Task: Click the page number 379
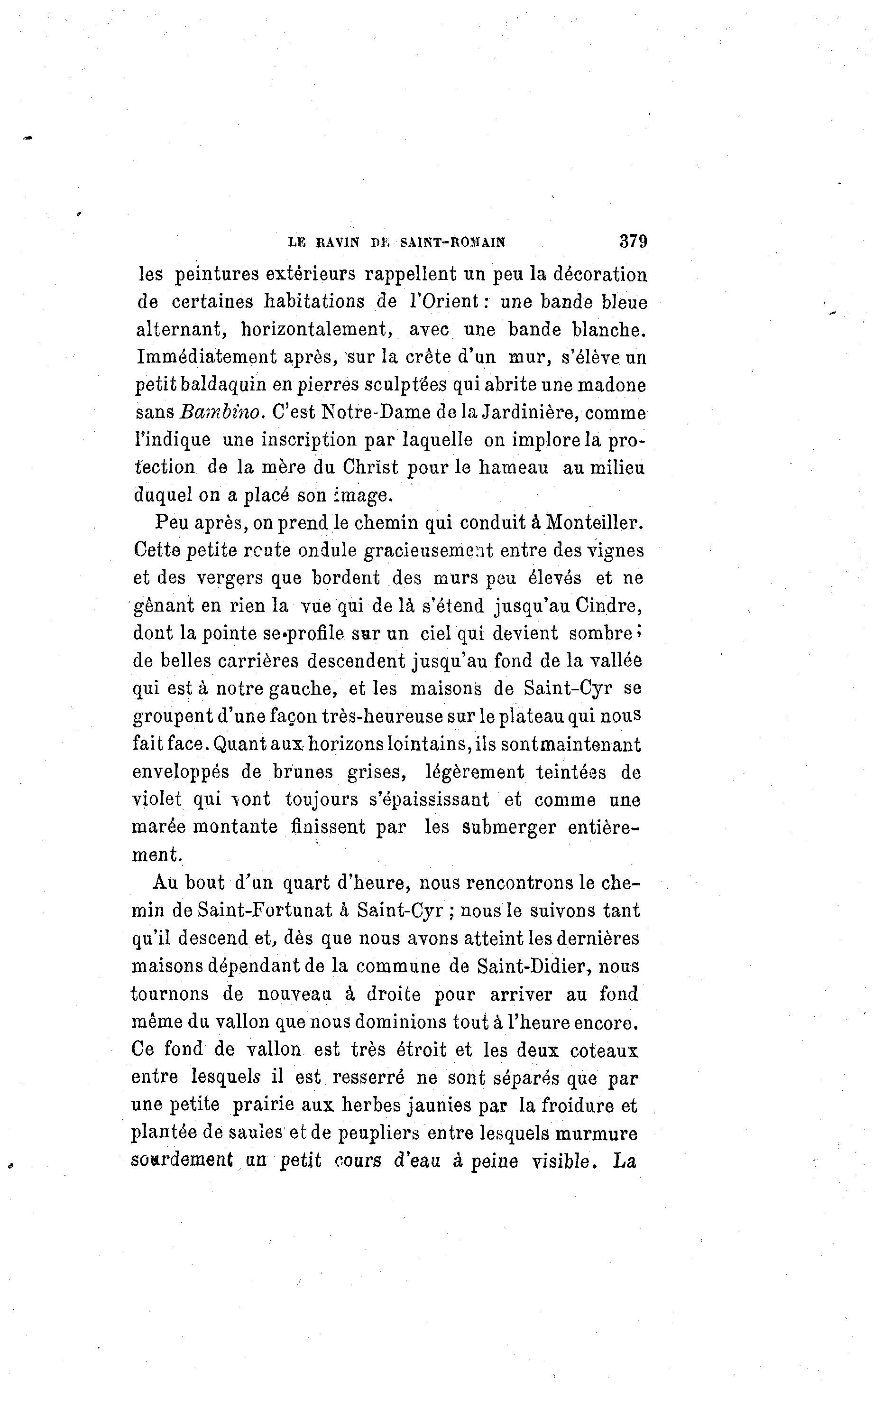[633, 241]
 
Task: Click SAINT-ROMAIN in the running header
[452, 242]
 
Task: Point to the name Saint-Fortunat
[266, 910]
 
